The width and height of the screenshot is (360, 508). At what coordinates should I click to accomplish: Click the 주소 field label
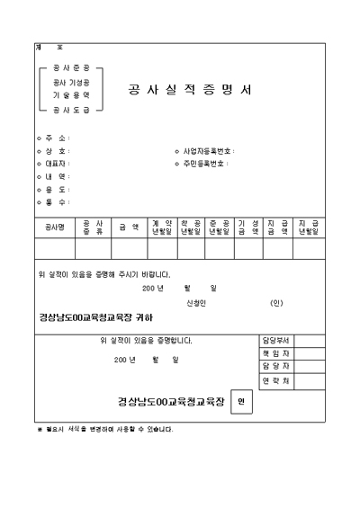coord(57,138)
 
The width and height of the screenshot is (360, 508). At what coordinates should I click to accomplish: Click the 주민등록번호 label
coord(209,164)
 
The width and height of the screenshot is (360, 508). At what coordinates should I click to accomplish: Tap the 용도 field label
coord(57,189)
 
